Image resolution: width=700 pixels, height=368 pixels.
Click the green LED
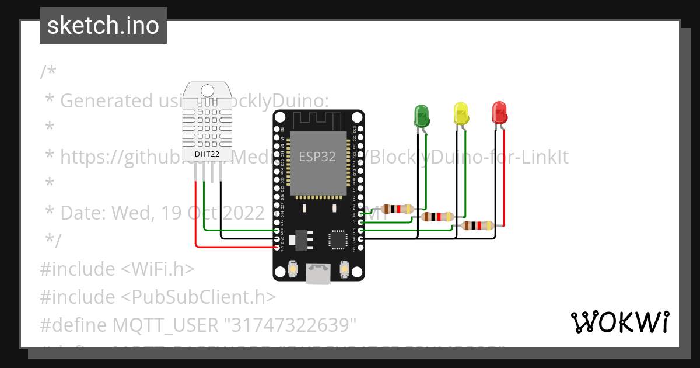[x=422, y=115]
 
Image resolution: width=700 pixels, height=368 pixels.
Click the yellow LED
[x=461, y=113]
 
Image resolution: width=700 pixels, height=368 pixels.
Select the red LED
[x=499, y=112]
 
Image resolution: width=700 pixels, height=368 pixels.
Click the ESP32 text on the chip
[x=317, y=157]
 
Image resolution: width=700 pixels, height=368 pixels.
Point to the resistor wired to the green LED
[x=397, y=209]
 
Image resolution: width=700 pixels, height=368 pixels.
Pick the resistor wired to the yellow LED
[x=437, y=217]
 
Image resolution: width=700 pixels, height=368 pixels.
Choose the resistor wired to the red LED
[x=478, y=225]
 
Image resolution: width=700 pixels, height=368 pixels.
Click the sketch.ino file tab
[x=103, y=26]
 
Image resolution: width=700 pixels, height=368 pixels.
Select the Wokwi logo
[x=619, y=322]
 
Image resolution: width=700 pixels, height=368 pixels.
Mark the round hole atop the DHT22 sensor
[x=207, y=91]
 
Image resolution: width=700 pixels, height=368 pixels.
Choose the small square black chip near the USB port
[x=338, y=239]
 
